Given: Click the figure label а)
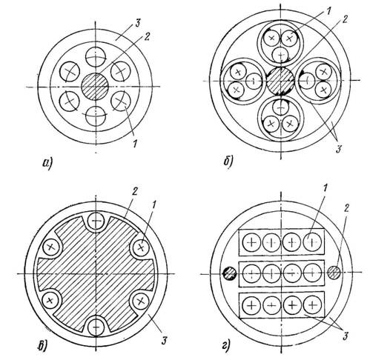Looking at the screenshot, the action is click(x=47, y=163).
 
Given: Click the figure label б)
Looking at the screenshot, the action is click(x=228, y=161).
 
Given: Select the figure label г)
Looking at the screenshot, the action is click(x=226, y=347).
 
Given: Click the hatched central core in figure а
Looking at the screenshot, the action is click(x=95, y=87).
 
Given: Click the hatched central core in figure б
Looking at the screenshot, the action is click(x=280, y=81).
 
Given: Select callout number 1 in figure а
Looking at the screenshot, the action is click(x=135, y=143).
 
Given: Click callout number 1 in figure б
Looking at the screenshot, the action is click(x=328, y=10).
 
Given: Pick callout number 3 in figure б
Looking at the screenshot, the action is click(x=338, y=150).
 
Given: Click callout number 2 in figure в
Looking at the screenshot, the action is click(x=135, y=192).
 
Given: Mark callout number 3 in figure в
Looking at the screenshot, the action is click(x=164, y=341).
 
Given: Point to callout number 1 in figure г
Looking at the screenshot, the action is click(x=326, y=189).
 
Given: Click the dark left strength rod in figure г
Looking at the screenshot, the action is click(x=230, y=273).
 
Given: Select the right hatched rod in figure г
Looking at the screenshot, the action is click(x=334, y=273).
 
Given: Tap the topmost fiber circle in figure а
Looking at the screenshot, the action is click(x=96, y=57).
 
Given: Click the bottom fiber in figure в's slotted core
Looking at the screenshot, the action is click(x=96, y=326).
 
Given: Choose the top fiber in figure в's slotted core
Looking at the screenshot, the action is click(x=96, y=221).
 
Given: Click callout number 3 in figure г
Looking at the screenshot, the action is click(x=345, y=336).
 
